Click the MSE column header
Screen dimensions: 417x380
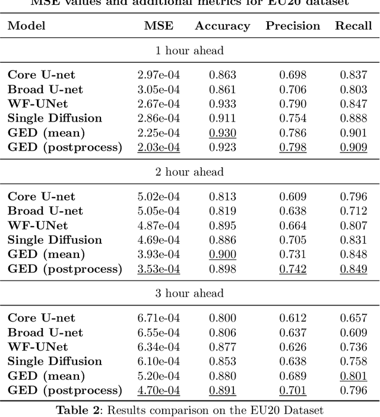point(158,26)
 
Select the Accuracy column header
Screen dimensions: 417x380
point(222,26)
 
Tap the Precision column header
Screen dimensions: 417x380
point(293,26)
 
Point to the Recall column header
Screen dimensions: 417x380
point(353,26)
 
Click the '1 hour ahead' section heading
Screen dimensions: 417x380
point(189,50)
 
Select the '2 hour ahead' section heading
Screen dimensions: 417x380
point(189,172)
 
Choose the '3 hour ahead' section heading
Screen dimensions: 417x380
point(189,294)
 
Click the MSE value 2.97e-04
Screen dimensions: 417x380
point(159,75)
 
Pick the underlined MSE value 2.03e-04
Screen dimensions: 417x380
point(159,147)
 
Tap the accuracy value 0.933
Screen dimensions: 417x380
point(223,104)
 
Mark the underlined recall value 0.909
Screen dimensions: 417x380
point(353,147)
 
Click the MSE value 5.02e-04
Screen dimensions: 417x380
point(159,196)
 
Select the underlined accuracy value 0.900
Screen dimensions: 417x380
point(223,254)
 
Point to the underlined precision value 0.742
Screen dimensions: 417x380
point(293,269)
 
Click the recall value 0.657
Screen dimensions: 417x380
point(353,318)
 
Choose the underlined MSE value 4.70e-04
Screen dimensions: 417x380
point(159,390)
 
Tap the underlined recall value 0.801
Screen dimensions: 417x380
point(353,376)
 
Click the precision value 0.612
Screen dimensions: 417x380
point(293,318)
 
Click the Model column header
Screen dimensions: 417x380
point(26,26)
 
